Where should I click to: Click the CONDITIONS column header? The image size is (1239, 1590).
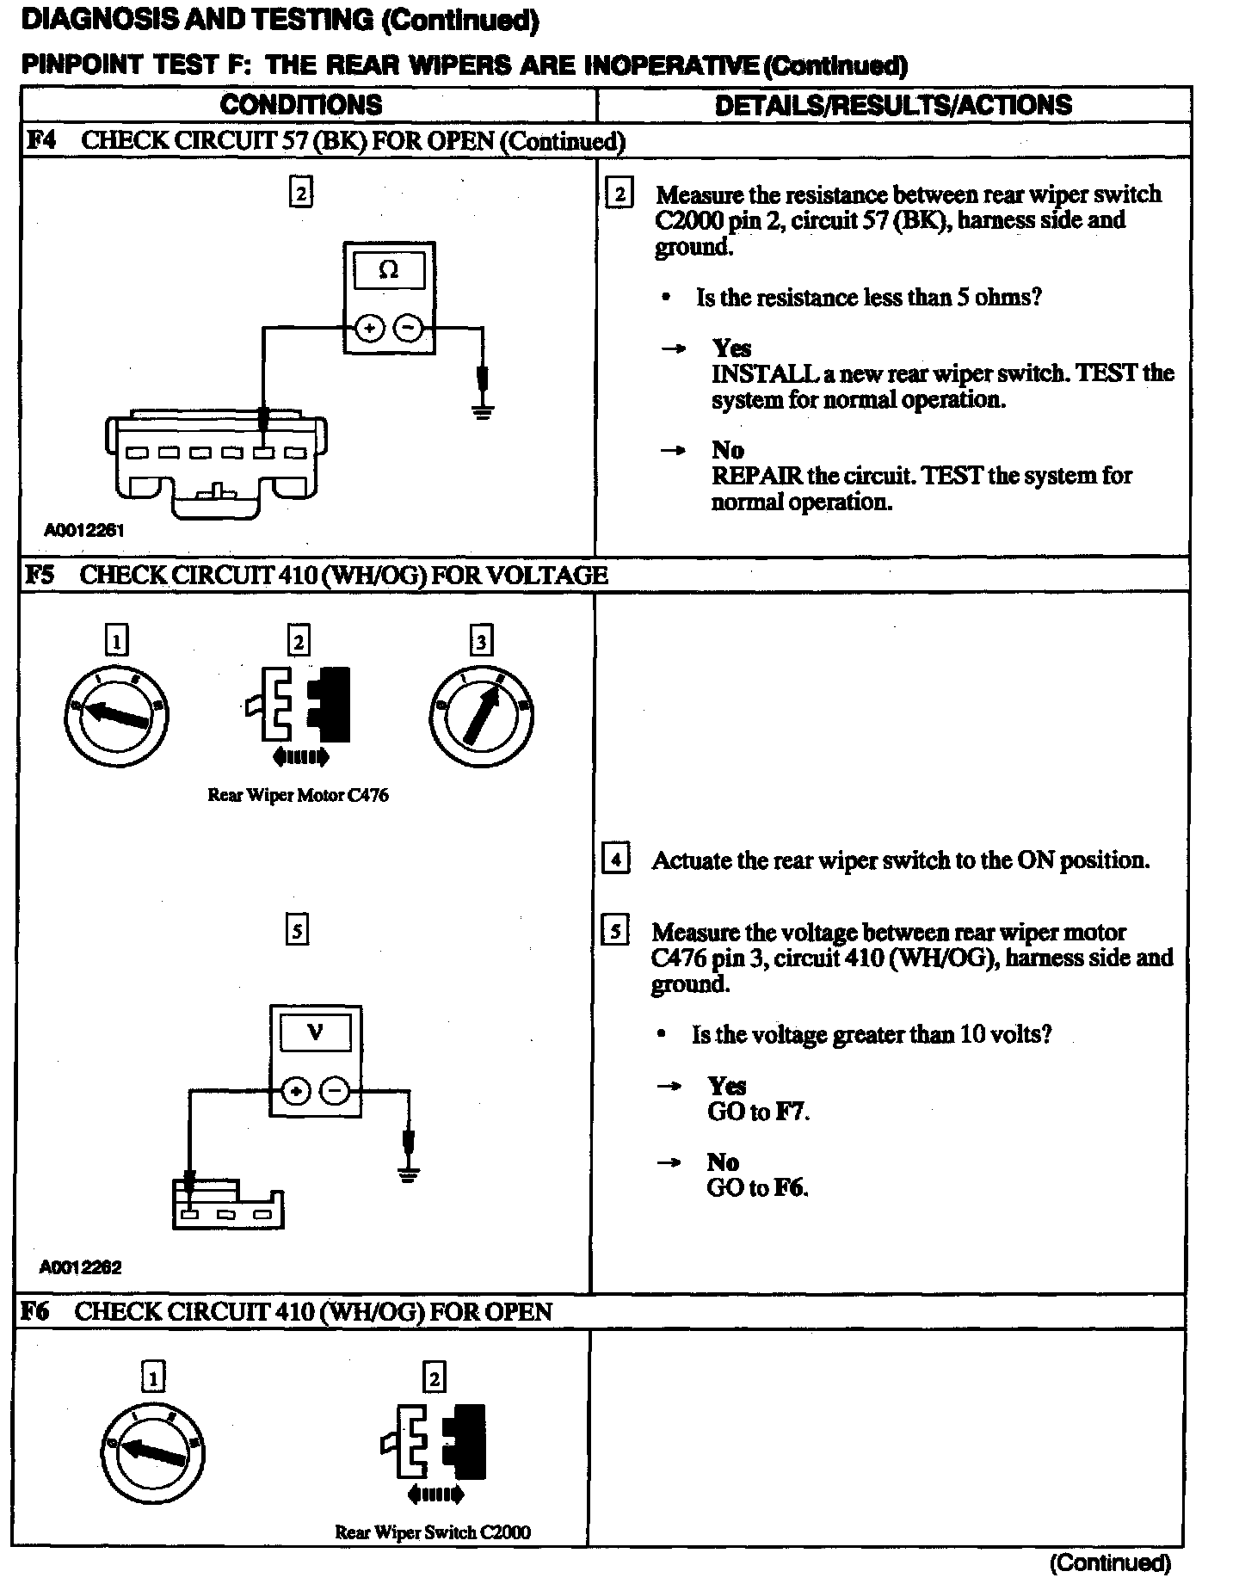(301, 105)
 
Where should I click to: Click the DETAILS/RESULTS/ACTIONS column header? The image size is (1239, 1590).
(893, 105)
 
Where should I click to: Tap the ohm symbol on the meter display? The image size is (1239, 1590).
(389, 271)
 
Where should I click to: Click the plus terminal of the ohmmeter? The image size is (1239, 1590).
(370, 329)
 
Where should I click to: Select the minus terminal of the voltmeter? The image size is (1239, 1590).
(335, 1092)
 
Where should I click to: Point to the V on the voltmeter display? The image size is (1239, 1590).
(316, 1032)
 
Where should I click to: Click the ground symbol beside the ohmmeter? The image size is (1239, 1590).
(483, 410)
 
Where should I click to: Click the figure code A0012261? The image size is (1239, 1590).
(83, 531)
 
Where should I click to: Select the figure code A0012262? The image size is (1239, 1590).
(80, 1267)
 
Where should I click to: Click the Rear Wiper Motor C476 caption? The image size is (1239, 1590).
(298, 795)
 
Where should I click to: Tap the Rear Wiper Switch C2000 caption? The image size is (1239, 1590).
(432, 1532)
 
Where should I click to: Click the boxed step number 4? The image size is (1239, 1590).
(616, 860)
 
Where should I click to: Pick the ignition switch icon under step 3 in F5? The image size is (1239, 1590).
(481, 716)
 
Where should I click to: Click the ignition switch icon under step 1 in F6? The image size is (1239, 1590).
(153, 1452)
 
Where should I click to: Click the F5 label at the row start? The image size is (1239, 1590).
(40, 575)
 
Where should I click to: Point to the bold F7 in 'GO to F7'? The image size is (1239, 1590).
(791, 1112)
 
